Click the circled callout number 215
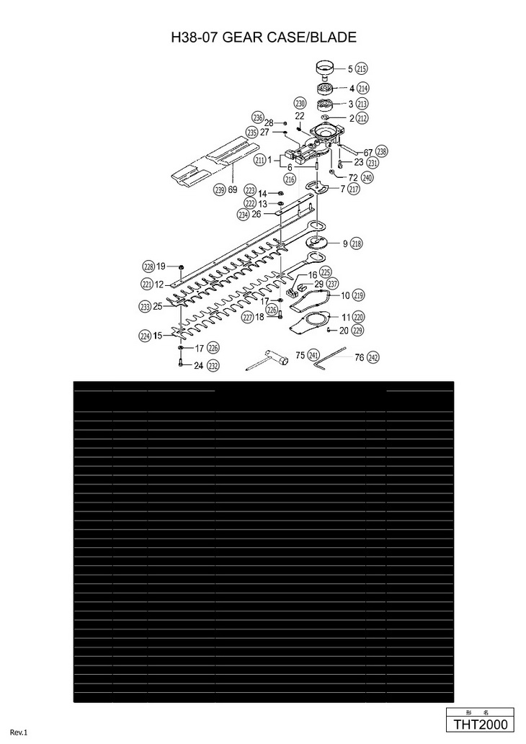pyautogui.click(x=362, y=69)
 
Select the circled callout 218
pyautogui.click(x=357, y=243)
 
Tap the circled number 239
pyautogui.click(x=219, y=190)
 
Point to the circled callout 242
pyautogui.click(x=373, y=357)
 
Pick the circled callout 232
pyautogui.click(x=213, y=366)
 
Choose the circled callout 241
pyautogui.click(x=313, y=355)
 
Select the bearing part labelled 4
pyautogui.click(x=326, y=89)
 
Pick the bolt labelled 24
pyautogui.click(x=179, y=362)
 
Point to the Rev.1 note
pyautogui.click(x=18, y=732)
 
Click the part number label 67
pyautogui.click(x=367, y=153)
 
